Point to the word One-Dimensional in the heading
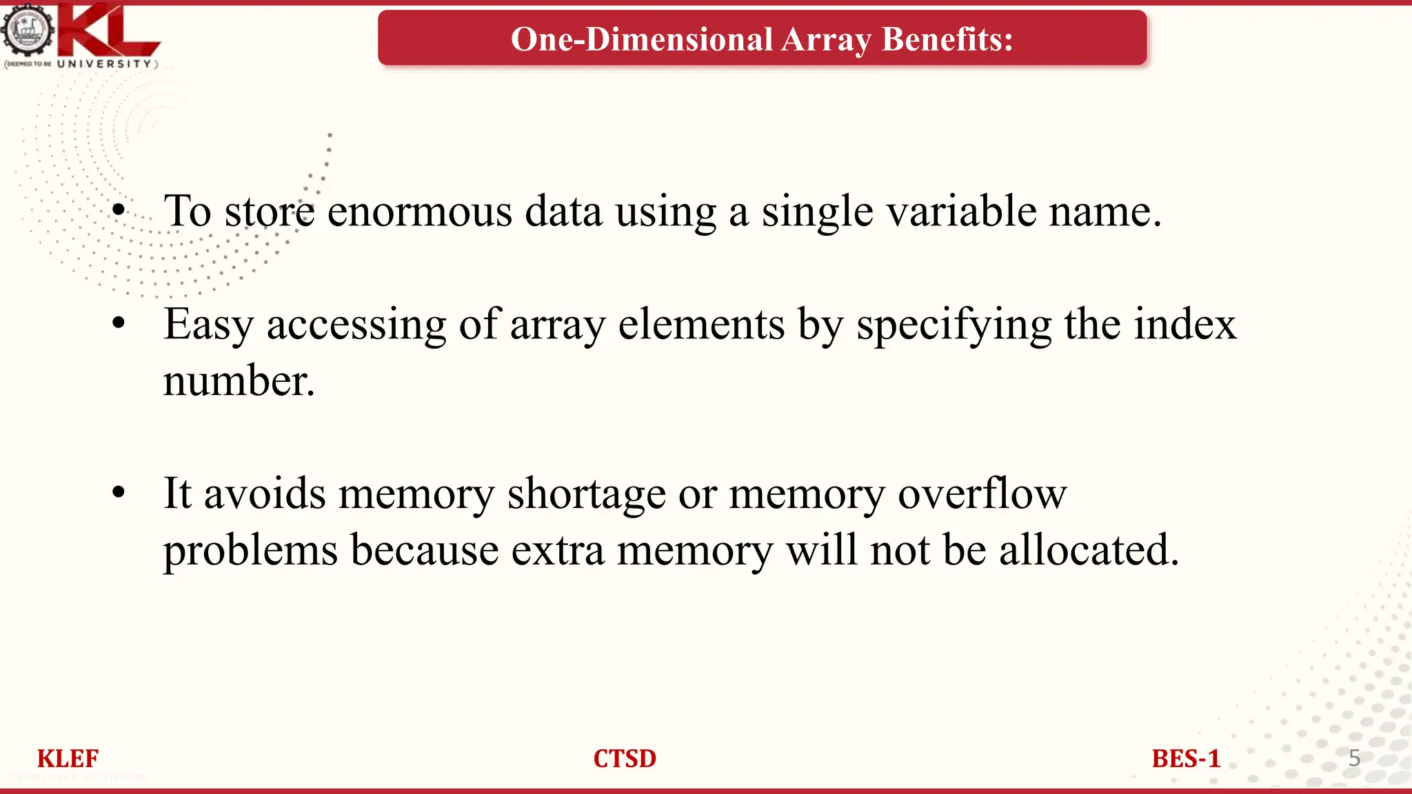click(641, 39)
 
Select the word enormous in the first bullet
click(419, 211)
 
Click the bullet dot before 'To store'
click(119, 210)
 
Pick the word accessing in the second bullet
click(356, 324)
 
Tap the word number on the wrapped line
click(239, 380)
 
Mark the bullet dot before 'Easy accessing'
click(119, 323)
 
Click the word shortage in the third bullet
click(586, 494)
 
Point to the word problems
click(250, 551)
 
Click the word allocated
click(1089, 550)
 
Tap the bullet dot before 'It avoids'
click(119, 492)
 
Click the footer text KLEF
click(68, 759)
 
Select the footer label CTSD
click(625, 759)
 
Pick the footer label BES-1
click(1186, 759)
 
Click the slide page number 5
click(1354, 758)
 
